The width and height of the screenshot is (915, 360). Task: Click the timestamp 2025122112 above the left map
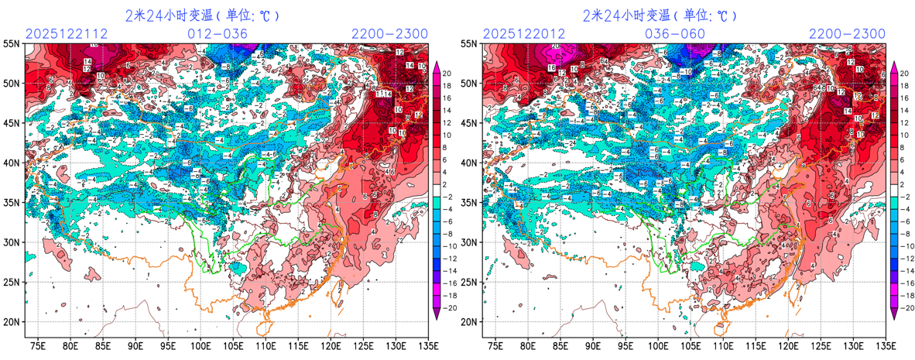(67, 33)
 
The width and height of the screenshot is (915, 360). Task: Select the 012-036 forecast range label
(218, 33)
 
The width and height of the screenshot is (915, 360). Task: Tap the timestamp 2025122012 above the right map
(525, 33)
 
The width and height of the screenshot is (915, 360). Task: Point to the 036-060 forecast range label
(675, 33)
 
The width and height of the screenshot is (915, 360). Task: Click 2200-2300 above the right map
(847, 33)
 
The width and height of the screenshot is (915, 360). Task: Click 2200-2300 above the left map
(389, 33)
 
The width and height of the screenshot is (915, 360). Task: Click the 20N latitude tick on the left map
(12, 322)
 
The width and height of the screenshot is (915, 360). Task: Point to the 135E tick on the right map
(886, 345)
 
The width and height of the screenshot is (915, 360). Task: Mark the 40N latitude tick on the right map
(469, 163)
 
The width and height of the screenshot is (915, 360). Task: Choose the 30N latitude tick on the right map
(469, 242)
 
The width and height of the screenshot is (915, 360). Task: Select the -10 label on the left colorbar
(449, 248)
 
